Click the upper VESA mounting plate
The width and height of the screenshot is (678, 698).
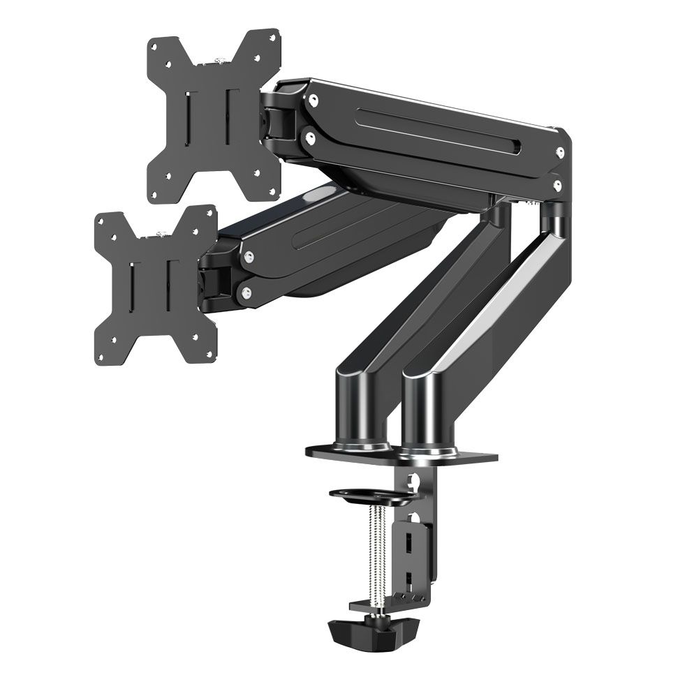213,115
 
